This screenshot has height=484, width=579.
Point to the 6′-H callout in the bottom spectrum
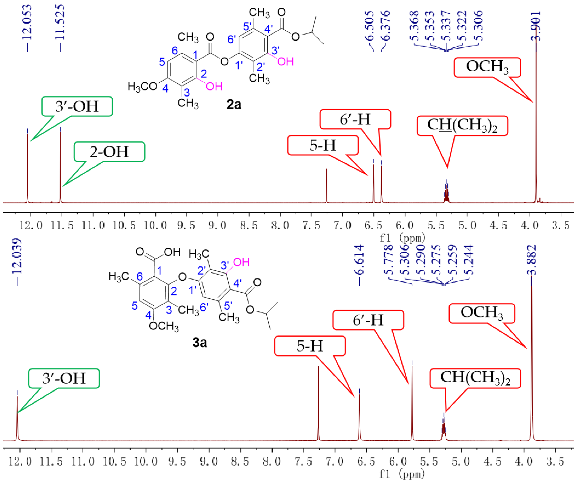[368, 320]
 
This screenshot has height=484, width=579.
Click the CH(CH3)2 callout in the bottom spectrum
[475, 378]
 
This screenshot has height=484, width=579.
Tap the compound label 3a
[200, 343]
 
